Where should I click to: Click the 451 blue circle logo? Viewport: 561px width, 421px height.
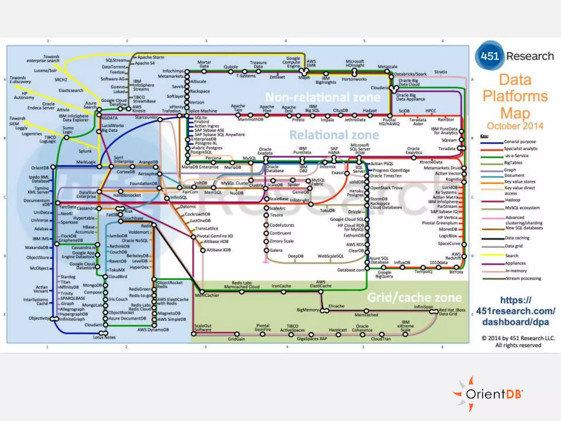point(490,56)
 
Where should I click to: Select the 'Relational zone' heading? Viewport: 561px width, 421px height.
point(334,135)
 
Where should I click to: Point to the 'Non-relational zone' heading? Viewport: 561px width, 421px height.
point(323,97)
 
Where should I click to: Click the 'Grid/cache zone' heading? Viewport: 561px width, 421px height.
point(414,297)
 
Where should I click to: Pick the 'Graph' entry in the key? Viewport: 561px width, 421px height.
point(510,170)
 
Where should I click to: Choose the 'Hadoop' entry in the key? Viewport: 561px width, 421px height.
point(513,200)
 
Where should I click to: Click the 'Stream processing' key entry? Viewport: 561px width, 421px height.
point(523,278)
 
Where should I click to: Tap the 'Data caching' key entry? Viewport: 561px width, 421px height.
point(517,238)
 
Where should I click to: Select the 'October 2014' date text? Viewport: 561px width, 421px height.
point(515,126)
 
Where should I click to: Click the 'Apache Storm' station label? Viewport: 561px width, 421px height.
point(151,57)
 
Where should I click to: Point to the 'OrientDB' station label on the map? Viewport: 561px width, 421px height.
point(40,168)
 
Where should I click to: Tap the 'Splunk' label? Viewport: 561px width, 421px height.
point(85,151)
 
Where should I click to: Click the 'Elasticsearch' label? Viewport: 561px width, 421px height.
point(71,90)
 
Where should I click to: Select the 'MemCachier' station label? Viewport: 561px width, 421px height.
point(207,295)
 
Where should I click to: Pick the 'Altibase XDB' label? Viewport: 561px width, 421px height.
point(219,250)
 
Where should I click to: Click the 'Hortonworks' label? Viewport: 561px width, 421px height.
point(354,79)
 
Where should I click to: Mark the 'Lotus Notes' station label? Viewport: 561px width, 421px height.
point(104,337)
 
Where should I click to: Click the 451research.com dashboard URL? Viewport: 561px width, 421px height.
point(516,311)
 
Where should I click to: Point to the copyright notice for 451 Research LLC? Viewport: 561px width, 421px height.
point(518,342)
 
